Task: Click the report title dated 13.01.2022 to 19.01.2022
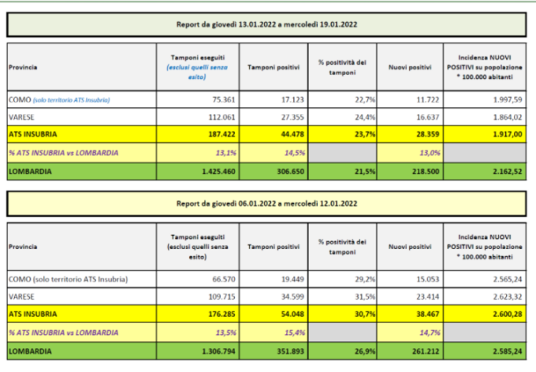(269, 26)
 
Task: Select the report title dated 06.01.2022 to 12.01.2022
(269, 204)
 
